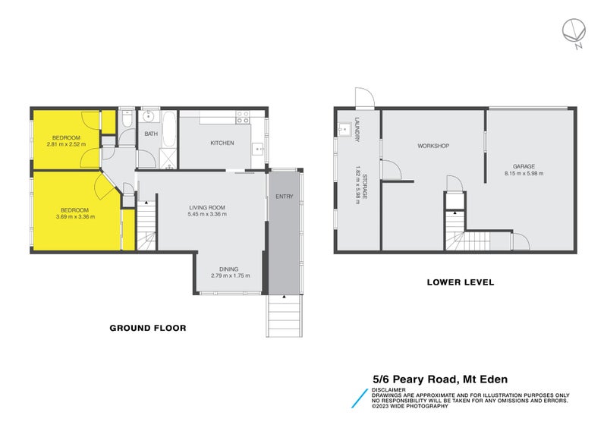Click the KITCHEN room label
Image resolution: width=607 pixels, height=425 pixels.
tap(222, 143)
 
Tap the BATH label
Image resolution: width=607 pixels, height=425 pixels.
tap(151, 134)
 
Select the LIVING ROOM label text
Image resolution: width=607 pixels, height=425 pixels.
tap(207, 208)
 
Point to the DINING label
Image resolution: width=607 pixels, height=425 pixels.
tap(229, 269)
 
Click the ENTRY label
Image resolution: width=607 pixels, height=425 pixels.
tap(285, 197)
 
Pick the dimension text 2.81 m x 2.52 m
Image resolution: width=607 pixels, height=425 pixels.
tap(66, 144)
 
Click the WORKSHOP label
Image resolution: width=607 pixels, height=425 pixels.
tap(434, 146)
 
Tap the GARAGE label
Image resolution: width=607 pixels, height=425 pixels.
tap(524, 166)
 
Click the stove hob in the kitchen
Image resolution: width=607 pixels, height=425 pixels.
tap(244, 118)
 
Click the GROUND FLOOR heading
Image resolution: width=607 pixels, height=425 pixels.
tap(148, 329)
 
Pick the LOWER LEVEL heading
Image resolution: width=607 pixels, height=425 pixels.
tap(460, 282)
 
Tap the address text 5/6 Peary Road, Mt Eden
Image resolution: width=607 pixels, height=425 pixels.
tap(439, 379)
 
